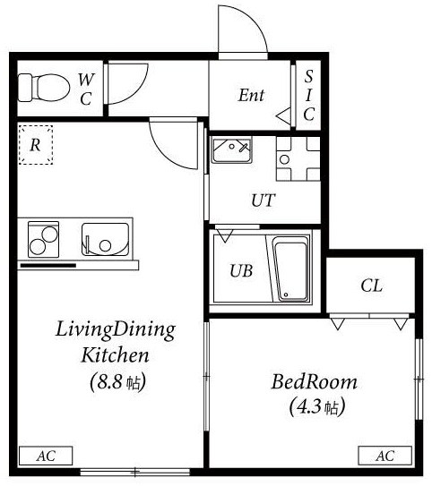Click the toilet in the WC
click(x=43, y=88)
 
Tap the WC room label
click(x=85, y=89)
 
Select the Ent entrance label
click(x=251, y=95)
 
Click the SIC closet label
click(x=309, y=95)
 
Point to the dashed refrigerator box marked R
click(x=36, y=145)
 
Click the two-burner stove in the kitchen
click(x=43, y=239)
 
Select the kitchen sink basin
click(x=105, y=239)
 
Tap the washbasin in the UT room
click(x=231, y=151)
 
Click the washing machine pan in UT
click(x=298, y=158)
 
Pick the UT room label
click(x=264, y=200)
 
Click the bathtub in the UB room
click(x=291, y=269)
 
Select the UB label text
click(x=241, y=270)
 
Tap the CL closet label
click(x=371, y=286)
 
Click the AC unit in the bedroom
click(x=385, y=456)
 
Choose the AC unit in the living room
click(x=46, y=456)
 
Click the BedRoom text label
click(x=314, y=382)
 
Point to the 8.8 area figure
click(x=110, y=382)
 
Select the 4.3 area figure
click(x=309, y=406)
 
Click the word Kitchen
click(x=115, y=355)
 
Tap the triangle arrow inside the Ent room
click(x=283, y=117)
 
